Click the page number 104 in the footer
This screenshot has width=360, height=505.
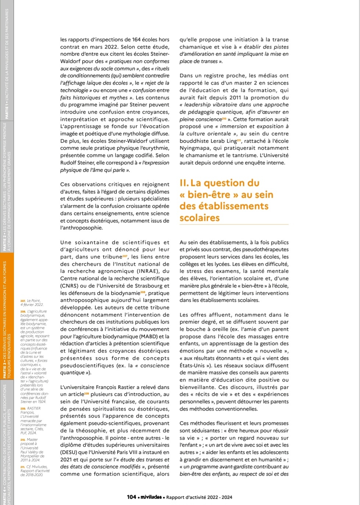click(x=132, y=497)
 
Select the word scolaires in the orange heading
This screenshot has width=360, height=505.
click(x=200, y=218)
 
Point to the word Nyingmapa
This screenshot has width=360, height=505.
click(x=195, y=148)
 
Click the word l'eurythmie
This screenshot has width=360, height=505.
click(x=154, y=148)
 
